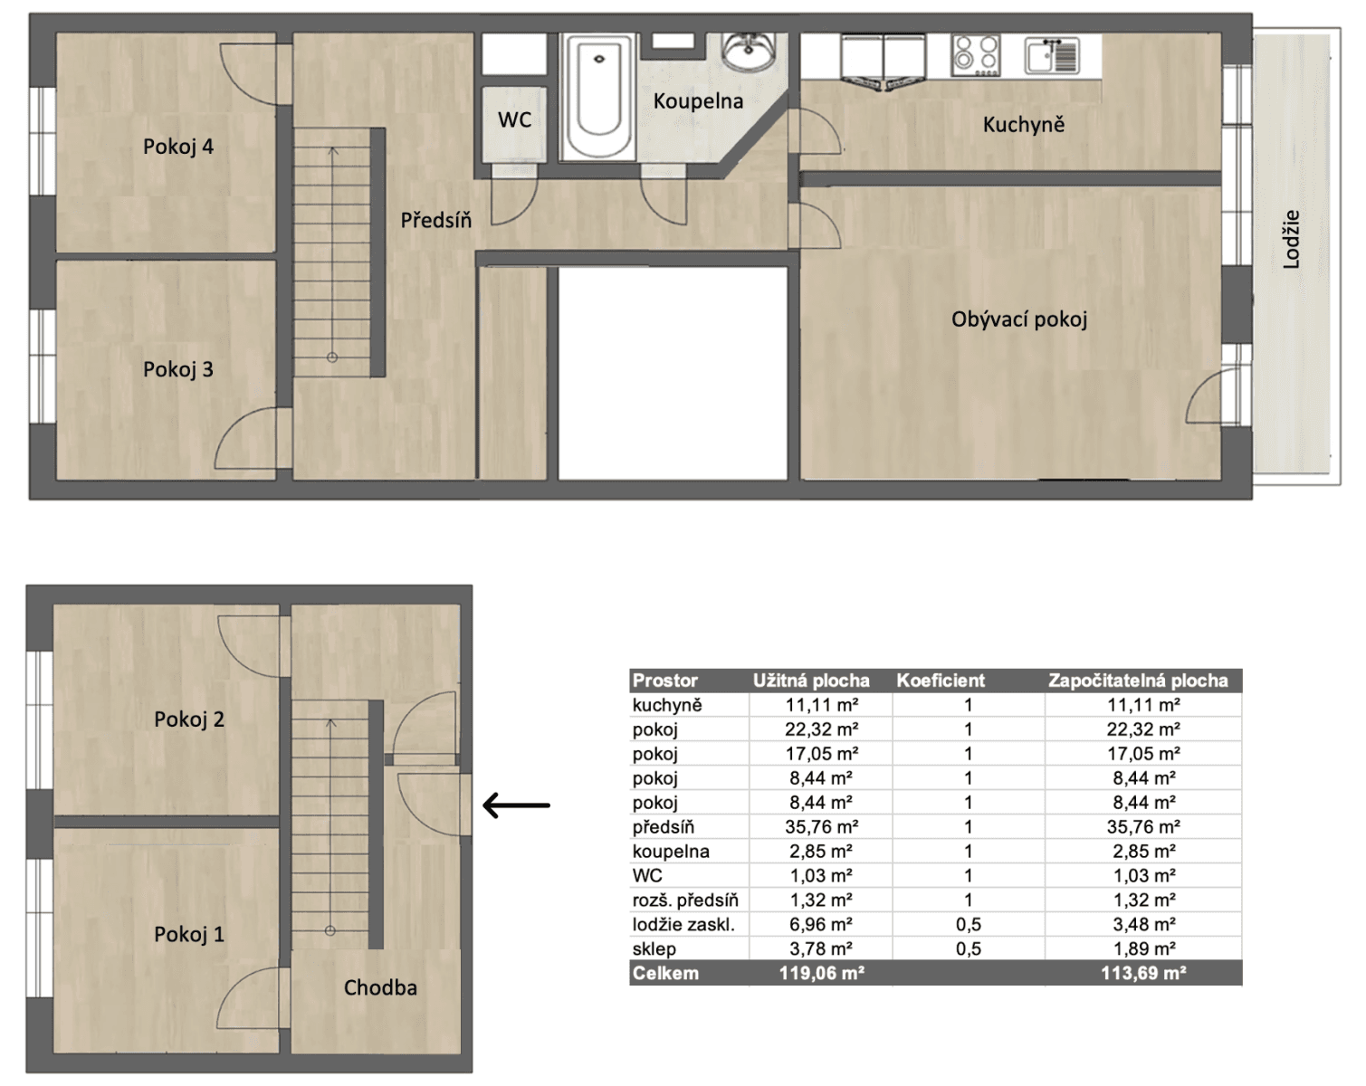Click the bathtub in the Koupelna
tap(598, 98)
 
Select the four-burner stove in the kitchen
tap(975, 55)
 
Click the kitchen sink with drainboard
tap(1052, 55)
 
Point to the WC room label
tap(514, 119)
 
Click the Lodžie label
tap(1291, 239)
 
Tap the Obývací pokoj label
tap(1018, 319)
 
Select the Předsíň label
tap(435, 220)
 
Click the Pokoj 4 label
tap(177, 147)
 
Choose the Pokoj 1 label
tap(188, 934)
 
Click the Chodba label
tap(380, 987)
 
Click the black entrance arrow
tap(516, 805)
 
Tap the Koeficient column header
tap(941, 681)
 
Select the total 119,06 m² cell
tap(821, 974)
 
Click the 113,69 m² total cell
tap(1142, 974)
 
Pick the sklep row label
tap(654, 948)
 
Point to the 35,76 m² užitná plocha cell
tap(821, 827)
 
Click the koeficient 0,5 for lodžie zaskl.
tap(968, 924)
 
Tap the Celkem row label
tap(665, 974)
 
